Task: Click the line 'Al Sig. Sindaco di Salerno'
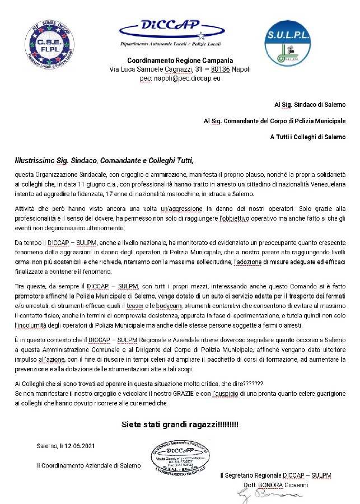click(310, 105)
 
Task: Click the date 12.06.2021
click(84, 446)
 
